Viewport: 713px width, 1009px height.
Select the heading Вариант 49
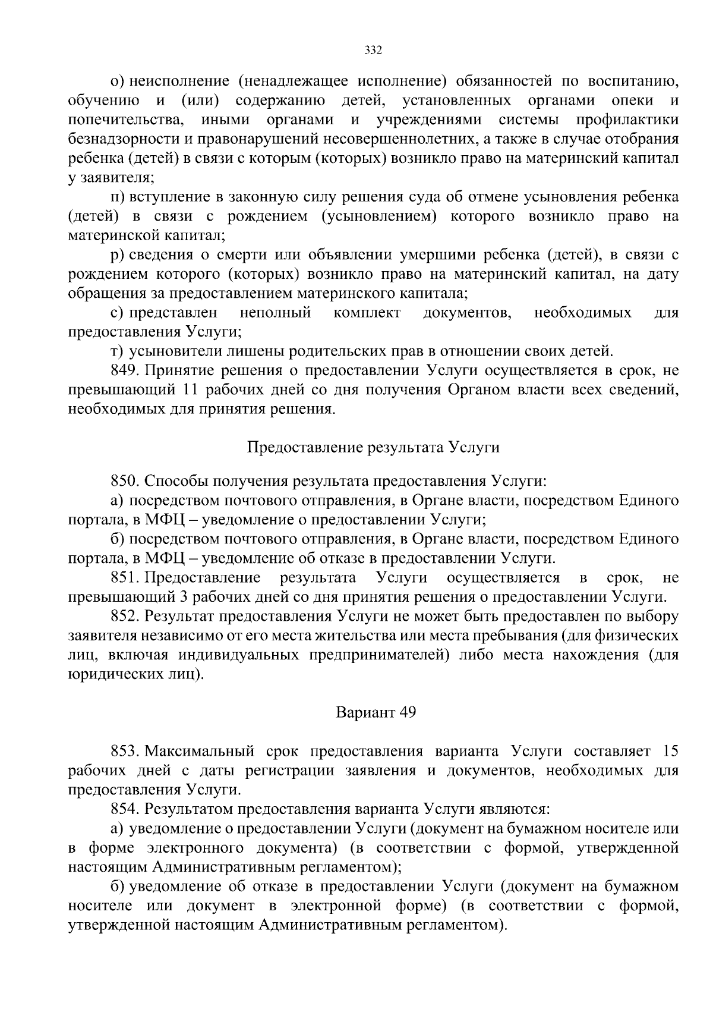click(376, 712)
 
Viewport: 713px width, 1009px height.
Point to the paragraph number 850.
click(125, 481)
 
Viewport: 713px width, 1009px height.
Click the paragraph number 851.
click(125, 577)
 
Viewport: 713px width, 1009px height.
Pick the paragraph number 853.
click(125, 751)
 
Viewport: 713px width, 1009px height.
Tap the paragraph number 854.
click(125, 809)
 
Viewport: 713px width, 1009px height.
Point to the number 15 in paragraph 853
click(670, 751)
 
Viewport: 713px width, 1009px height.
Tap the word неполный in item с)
click(275, 313)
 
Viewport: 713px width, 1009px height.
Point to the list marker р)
click(116, 255)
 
